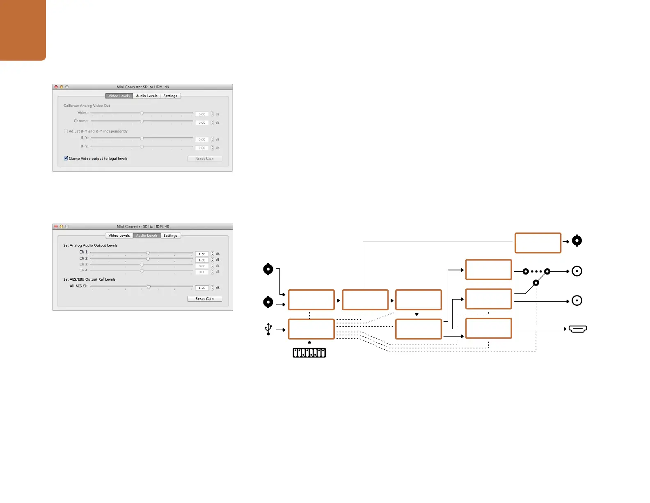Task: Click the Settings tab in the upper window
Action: click(x=170, y=96)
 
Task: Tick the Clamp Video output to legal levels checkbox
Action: click(x=66, y=158)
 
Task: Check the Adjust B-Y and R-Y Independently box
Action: click(x=66, y=131)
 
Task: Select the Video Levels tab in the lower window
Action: click(x=119, y=235)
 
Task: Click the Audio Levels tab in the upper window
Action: click(x=146, y=96)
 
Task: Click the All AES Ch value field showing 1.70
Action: click(x=202, y=288)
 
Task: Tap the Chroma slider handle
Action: click(x=142, y=121)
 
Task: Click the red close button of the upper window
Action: click(x=56, y=87)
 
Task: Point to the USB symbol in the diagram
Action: click(x=268, y=329)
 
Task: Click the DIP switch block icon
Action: click(x=309, y=353)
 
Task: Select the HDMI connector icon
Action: click(x=578, y=329)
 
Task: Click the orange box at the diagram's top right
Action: click(x=538, y=242)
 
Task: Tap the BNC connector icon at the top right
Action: click(x=577, y=241)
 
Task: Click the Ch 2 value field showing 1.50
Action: click(x=202, y=260)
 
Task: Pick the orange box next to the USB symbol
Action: click(x=311, y=329)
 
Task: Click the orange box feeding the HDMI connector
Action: click(x=488, y=328)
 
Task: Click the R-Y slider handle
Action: click(x=142, y=147)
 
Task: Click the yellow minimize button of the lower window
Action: click(x=62, y=226)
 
